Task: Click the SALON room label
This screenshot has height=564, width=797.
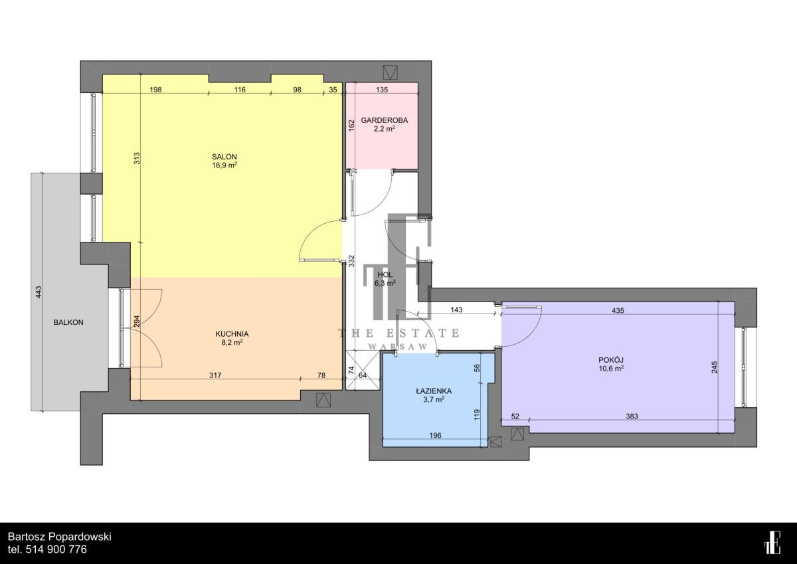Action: [224, 157]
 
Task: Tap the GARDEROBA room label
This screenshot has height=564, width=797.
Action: [385, 120]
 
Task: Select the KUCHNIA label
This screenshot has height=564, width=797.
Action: [232, 334]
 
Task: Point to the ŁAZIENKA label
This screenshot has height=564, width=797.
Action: [434, 391]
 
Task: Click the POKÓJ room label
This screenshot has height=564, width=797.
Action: [611, 360]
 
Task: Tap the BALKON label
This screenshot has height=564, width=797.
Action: [68, 322]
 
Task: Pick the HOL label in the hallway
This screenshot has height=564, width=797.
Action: [385, 275]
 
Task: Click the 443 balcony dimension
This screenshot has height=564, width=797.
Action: [39, 292]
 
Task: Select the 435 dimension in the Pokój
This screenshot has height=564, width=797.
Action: [618, 311]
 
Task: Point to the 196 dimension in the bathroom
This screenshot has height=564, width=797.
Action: [435, 436]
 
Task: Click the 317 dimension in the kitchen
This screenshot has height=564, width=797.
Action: [215, 375]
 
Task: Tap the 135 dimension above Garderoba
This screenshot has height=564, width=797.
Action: [382, 90]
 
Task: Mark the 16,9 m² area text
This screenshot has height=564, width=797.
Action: [224, 165]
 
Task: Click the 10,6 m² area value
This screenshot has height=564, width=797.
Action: [611, 368]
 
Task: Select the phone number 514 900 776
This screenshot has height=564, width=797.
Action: [56, 549]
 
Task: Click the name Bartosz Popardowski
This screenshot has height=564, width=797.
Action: [60, 537]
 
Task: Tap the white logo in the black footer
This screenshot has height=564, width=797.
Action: [772, 542]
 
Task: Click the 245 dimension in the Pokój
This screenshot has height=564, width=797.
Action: [715, 367]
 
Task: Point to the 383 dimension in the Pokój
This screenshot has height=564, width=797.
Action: [632, 417]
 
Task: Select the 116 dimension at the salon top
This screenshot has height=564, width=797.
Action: [240, 90]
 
